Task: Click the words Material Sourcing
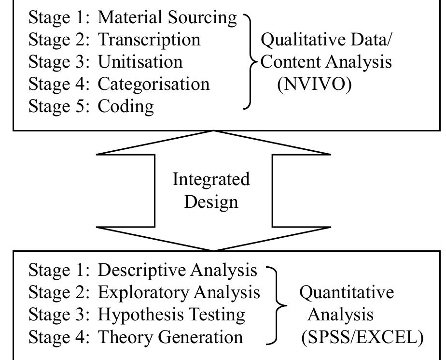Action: coord(167,17)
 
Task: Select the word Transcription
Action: coord(149,40)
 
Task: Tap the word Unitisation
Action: coord(140,61)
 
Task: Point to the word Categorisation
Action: coord(153,84)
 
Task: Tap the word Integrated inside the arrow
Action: coord(211,179)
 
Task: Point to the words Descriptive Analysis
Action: coord(177,270)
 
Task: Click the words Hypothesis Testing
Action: coord(171,314)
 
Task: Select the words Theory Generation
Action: coord(170,336)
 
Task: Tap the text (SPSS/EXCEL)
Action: coord(362,336)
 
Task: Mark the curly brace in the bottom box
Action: coord(278,303)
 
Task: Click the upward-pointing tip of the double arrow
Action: coord(213,132)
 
